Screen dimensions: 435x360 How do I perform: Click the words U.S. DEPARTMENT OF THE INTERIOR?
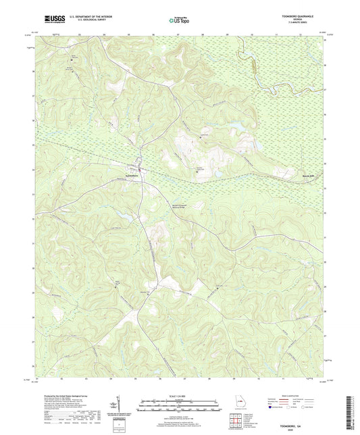point(82,18)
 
